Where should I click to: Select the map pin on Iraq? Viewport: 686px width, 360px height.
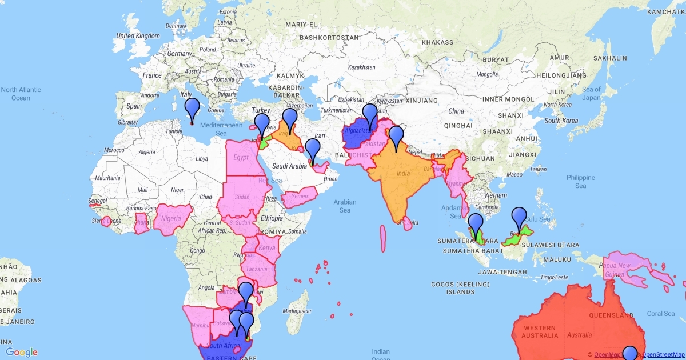290,118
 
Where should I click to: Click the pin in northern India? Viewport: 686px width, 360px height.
396,137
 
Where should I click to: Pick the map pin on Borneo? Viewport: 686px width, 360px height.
519,218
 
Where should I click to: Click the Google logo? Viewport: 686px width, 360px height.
22,352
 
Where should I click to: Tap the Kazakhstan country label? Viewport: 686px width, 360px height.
361,67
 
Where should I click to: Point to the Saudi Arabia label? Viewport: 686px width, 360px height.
290,166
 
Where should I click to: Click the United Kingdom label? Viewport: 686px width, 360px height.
138,35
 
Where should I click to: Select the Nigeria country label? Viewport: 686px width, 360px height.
171,218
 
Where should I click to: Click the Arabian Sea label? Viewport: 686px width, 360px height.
345,206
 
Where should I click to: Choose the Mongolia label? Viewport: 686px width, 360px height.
487,74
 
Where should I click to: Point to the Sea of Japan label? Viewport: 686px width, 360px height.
591,93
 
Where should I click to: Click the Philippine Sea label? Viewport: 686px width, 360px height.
581,182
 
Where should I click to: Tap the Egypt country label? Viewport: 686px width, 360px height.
241,157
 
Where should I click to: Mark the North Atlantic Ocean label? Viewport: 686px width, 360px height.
21,94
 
